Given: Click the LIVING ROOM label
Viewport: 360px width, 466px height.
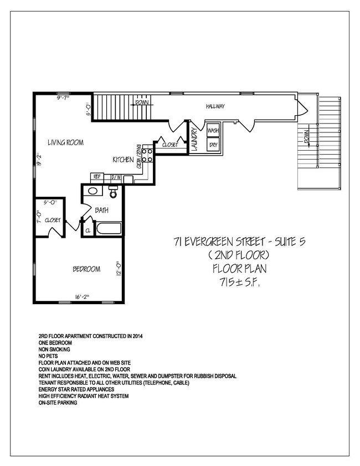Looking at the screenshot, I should click(65, 142).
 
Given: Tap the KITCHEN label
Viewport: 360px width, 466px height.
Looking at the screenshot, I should click(122, 160).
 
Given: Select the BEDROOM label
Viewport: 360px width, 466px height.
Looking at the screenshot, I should click(86, 269).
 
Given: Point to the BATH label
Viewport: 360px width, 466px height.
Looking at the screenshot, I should click(101, 211).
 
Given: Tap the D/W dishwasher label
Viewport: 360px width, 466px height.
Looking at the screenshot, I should click(116, 178).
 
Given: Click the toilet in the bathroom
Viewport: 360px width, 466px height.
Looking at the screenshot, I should click(114, 192).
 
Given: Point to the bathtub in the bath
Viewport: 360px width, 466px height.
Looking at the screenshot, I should click(109, 229).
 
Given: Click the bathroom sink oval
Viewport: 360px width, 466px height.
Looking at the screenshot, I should click(92, 192).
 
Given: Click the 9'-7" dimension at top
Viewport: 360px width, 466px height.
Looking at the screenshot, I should click(65, 98).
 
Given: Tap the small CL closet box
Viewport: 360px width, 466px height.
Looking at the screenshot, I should click(88, 229).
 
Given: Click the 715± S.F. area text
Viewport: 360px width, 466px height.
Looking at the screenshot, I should click(240, 283).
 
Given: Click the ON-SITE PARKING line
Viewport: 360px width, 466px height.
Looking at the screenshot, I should click(58, 403).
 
